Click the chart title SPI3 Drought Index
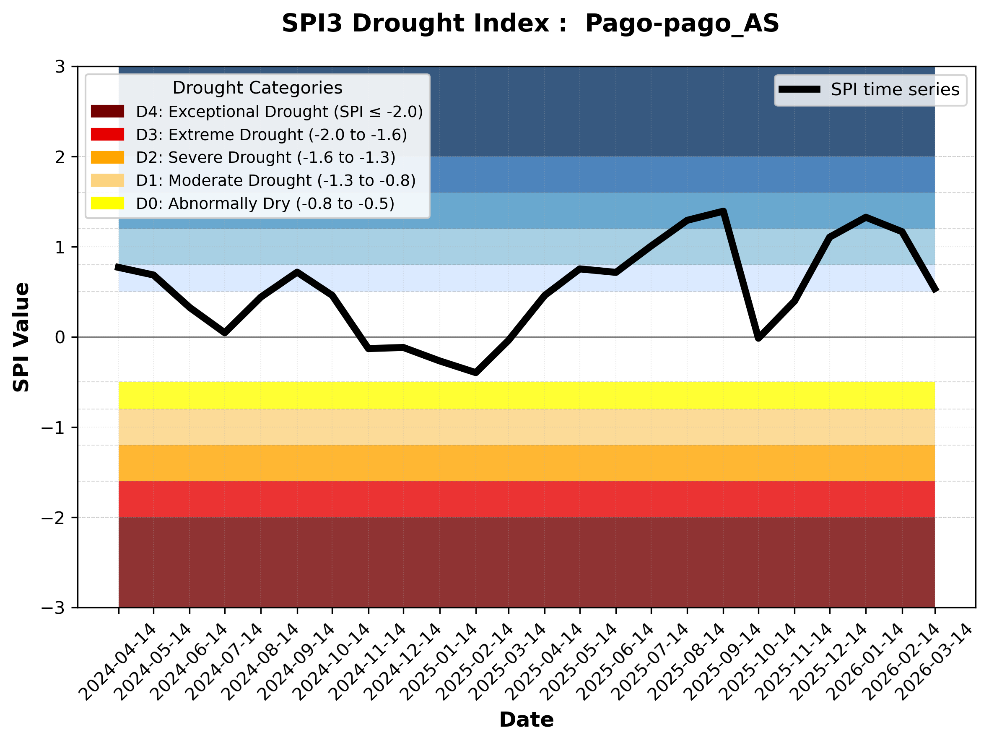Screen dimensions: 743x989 [530, 23]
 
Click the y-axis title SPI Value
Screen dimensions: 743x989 [21, 337]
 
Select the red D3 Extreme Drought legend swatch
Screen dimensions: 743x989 [107, 134]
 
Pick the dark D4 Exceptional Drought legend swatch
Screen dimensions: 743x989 [107, 111]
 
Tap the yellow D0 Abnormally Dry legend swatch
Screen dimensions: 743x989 [107, 203]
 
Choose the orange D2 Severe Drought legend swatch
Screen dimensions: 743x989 [107, 157]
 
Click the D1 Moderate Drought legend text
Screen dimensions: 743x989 [276, 180]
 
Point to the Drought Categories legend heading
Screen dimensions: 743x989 [257, 88]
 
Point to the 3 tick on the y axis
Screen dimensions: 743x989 [60, 67]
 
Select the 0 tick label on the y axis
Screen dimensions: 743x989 [60, 337]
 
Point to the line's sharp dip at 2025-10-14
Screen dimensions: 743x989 [758, 339]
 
